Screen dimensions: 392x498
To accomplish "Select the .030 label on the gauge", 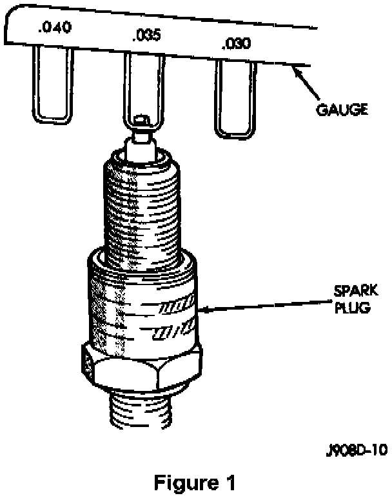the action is [231, 44].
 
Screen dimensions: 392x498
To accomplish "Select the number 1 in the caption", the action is [226, 482].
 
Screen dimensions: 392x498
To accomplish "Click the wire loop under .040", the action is [54, 84].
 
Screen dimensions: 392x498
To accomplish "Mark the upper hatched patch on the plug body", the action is [178, 304].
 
